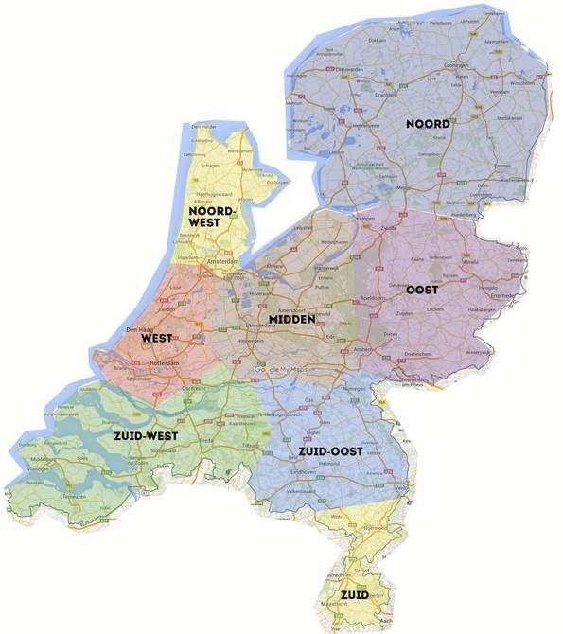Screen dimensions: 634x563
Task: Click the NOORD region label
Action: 428,124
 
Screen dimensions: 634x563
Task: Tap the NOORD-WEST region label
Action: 211,217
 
